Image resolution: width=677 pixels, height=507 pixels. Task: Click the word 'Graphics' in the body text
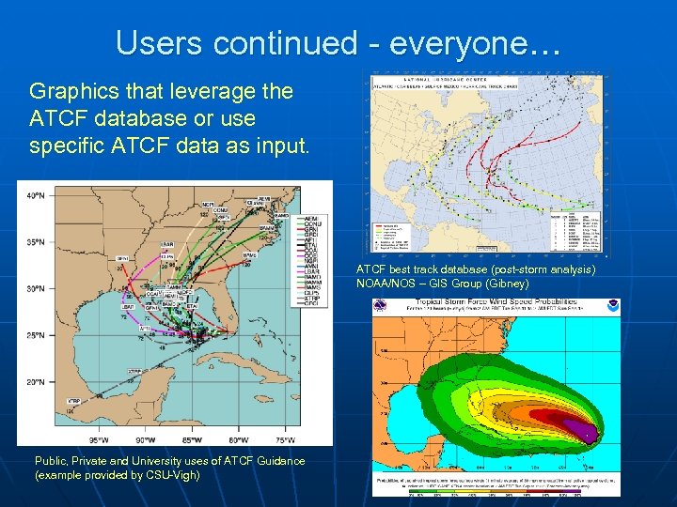pos(69,92)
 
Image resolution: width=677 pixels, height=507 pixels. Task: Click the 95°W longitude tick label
pos(98,438)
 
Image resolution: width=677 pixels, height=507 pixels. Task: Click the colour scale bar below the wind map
pos(496,489)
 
